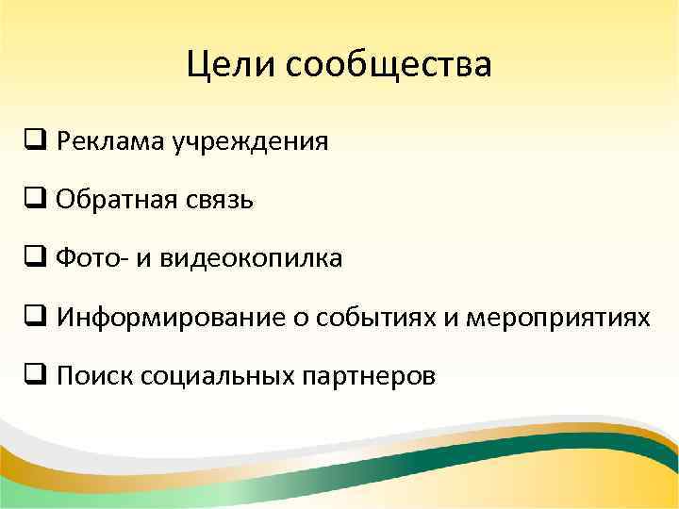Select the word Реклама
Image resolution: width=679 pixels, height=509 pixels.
110,142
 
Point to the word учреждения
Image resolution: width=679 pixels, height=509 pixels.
250,143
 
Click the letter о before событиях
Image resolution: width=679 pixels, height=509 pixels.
295,319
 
